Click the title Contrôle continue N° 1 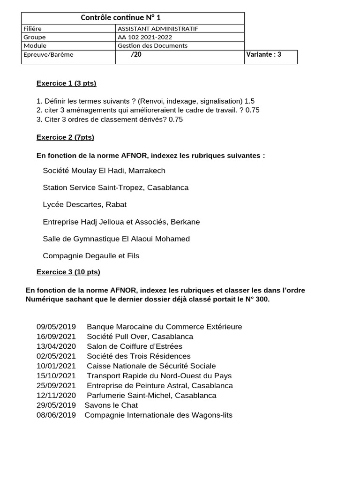click(120, 18)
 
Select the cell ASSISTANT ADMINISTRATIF click(157, 29)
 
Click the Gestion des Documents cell click(152, 45)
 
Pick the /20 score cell click(136, 54)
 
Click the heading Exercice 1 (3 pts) click(66, 83)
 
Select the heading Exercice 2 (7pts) click(65, 137)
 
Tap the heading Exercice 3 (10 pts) click(68, 272)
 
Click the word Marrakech click(148, 171)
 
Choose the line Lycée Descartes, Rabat click(84, 205)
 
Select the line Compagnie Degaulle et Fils click(91, 256)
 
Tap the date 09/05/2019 click(56, 327)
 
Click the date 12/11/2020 click(56, 396)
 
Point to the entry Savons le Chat click(111, 405)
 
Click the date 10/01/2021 click(56, 366)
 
